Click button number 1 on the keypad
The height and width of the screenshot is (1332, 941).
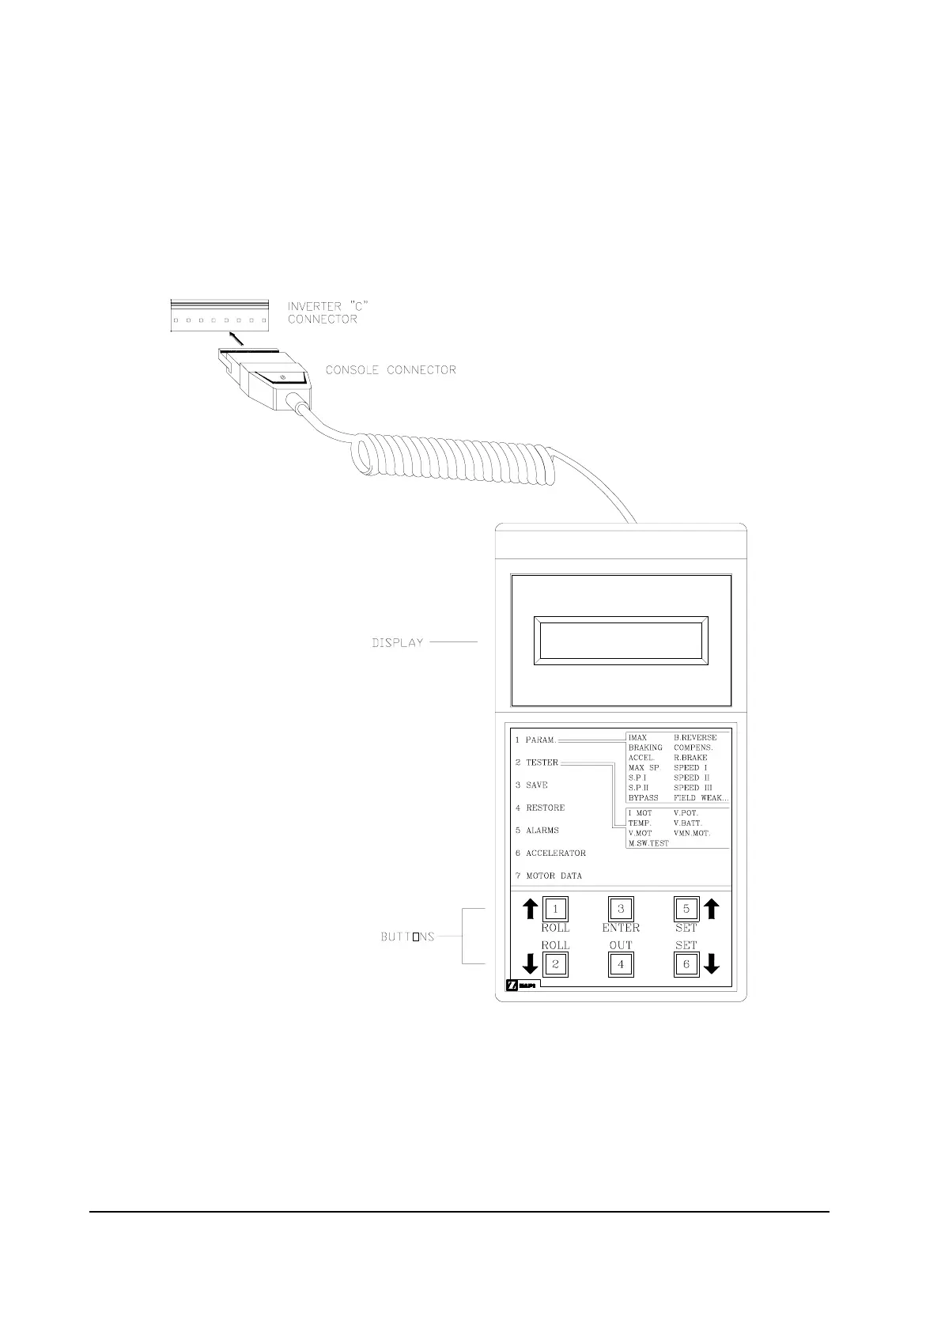[555, 909]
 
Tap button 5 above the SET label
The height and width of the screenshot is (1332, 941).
[686, 909]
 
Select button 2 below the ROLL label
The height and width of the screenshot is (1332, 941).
[555, 964]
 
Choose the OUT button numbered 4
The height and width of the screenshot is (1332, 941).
[621, 964]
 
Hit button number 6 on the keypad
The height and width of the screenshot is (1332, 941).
[686, 964]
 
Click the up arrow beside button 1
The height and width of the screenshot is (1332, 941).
[531, 909]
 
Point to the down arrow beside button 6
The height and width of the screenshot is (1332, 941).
[711, 963]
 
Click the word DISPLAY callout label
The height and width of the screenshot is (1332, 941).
[398, 643]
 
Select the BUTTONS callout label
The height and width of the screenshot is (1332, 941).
[408, 937]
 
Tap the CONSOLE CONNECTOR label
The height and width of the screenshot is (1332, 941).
[391, 369]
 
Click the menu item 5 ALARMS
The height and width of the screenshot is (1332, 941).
[538, 831]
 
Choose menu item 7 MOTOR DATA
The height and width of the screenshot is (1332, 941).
[549, 876]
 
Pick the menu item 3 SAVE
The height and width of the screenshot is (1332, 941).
[532, 785]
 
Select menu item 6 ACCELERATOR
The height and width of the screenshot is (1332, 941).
[551, 853]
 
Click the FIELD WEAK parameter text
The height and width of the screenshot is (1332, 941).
[701, 797]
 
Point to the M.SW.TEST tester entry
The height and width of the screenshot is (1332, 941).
[648, 843]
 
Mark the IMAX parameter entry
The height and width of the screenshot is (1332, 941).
[637, 737]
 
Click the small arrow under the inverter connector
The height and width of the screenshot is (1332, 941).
[236, 341]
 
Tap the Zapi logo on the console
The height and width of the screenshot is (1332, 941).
[521, 986]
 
